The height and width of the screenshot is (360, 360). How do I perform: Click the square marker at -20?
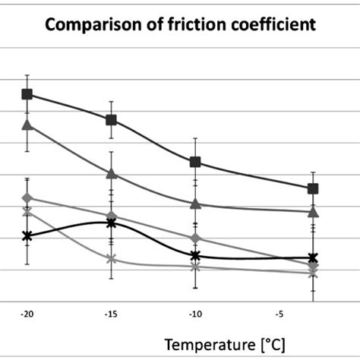pyautogui.click(x=27, y=94)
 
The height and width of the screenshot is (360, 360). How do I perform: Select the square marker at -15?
pyautogui.click(x=112, y=120)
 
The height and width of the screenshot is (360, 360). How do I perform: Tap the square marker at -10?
pyautogui.click(x=195, y=162)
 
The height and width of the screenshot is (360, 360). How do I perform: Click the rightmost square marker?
pyautogui.click(x=313, y=188)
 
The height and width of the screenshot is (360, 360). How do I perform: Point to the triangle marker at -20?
pyautogui.click(x=27, y=125)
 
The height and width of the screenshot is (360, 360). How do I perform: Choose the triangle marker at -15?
pyautogui.click(x=112, y=174)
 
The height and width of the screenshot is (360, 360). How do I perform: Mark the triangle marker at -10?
pyautogui.click(x=195, y=204)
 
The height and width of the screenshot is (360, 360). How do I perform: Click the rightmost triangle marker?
pyautogui.click(x=313, y=211)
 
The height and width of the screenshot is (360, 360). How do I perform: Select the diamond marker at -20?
pyautogui.click(x=27, y=198)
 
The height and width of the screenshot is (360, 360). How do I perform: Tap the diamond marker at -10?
pyautogui.click(x=195, y=238)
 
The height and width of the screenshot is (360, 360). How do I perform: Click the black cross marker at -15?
pyautogui.click(x=112, y=223)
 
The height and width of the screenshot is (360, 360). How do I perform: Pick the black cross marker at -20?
pyautogui.click(x=27, y=236)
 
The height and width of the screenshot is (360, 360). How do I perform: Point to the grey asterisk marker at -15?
pyautogui.click(x=112, y=259)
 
